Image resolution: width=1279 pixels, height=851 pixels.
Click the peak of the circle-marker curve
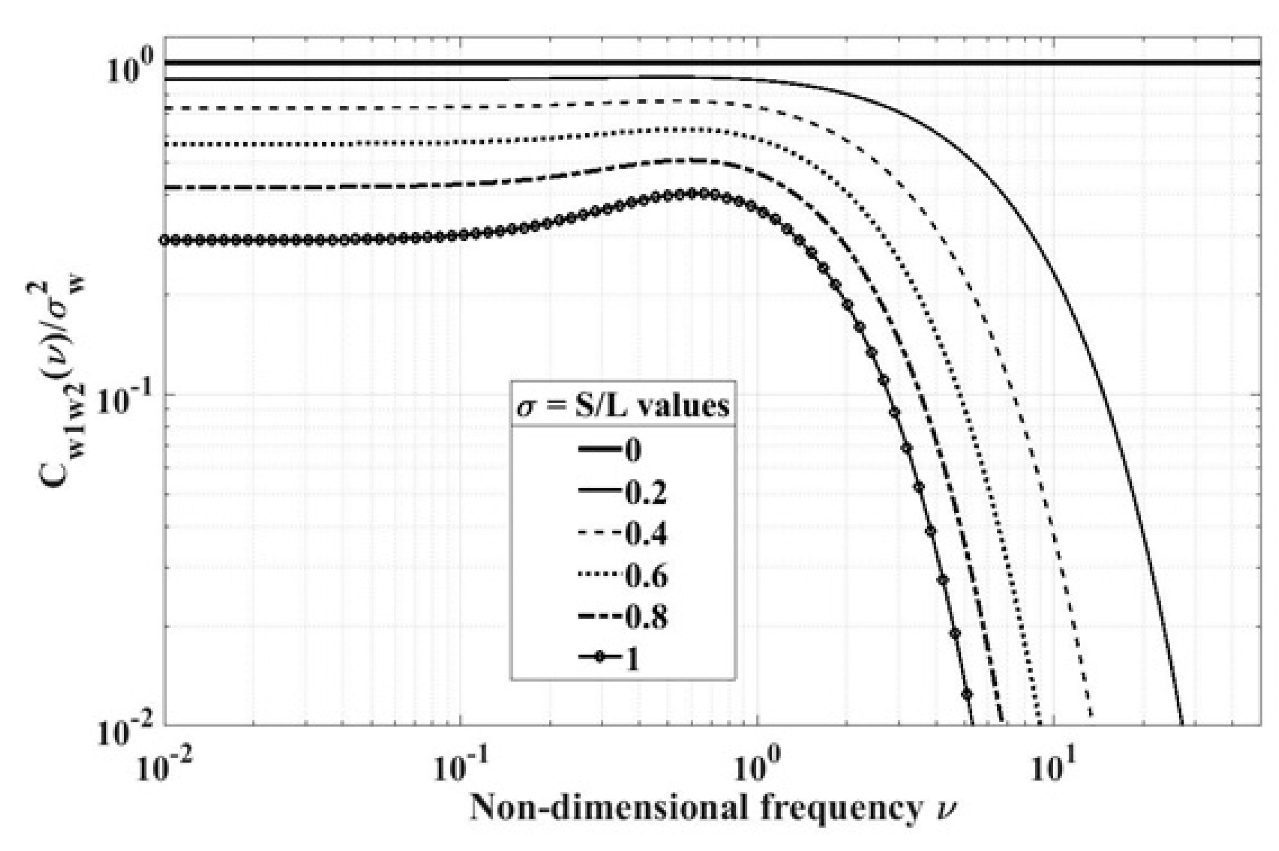tap(692, 193)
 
